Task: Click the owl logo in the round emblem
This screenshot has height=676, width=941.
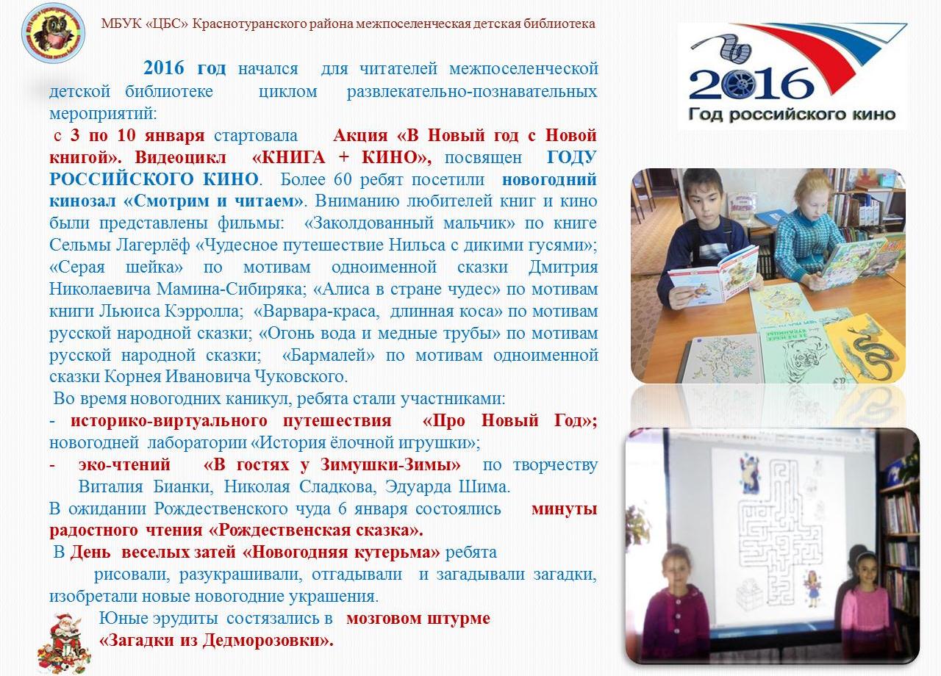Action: pyautogui.click(x=53, y=33)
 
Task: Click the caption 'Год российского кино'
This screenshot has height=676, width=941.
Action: pyautogui.click(x=792, y=114)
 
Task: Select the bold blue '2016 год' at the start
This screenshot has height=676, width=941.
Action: pyautogui.click(x=185, y=68)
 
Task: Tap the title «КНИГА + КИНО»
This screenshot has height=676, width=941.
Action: pyautogui.click(x=342, y=157)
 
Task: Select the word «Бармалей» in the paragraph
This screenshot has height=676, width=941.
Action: pyautogui.click(x=329, y=355)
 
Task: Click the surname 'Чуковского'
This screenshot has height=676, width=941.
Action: pyautogui.click(x=300, y=377)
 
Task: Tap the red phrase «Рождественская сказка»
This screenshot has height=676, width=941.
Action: pyautogui.click(x=315, y=531)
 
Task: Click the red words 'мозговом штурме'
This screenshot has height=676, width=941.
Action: pyautogui.click(x=418, y=618)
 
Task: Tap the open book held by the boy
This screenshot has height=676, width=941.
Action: pyautogui.click(x=713, y=274)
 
